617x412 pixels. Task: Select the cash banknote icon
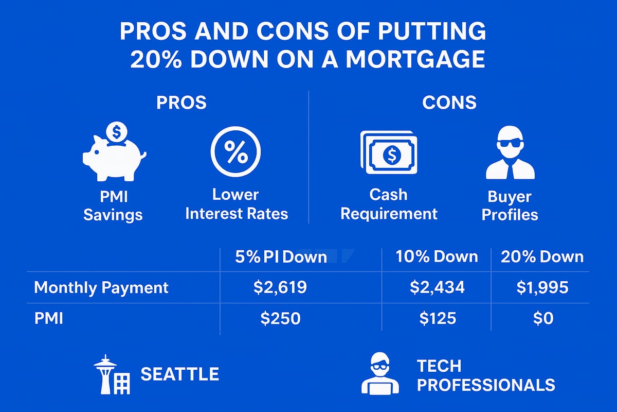[x=389, y=153]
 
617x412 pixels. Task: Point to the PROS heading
[x=181, y=102]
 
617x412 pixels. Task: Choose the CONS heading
[x=449, y=102]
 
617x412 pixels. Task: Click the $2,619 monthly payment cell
[x=280, y=287]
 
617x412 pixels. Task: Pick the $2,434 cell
[x=437, y=287]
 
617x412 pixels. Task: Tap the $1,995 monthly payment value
[x=542, y=287]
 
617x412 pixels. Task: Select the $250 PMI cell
[x=280, y=318]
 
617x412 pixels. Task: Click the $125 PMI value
[x=437, y=318]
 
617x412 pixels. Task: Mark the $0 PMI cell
[x=542, y=318]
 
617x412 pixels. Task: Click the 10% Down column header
[x=437, y=256]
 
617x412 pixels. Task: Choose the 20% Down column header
[x=542, y=256]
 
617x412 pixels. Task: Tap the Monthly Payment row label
[x=101, y=287]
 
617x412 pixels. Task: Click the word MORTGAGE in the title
[x=414, y=59]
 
